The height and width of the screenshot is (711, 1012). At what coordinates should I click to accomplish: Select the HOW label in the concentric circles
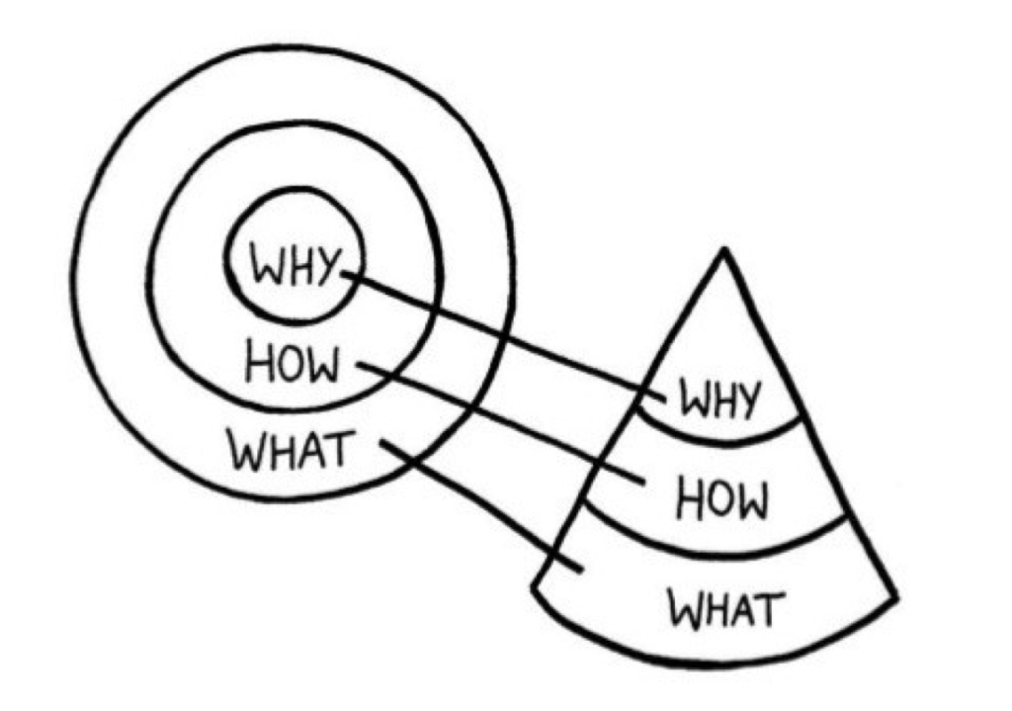[292, 365]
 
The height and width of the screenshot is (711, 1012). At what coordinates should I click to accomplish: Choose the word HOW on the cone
[722, 500]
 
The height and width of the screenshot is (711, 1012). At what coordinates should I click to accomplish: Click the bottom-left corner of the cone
[534, 585]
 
